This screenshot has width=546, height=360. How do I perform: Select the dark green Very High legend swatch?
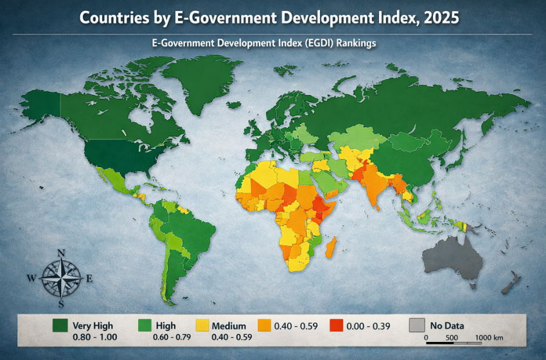pyautogui.click(x=61, y=326)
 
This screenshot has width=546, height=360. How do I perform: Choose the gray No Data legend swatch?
pyautogui.click(x=417, y=326)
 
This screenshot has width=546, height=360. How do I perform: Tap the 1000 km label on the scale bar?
pyautogui.click(x=489, y=337)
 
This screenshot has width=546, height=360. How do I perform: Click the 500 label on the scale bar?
pyautogui.click(x=451, y=337)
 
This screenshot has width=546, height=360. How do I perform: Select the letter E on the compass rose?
pyautogui.click(x=89, y=278)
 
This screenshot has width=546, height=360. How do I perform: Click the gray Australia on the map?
pyautogui.click(x=453, y=260)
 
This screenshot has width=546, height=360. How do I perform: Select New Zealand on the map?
pyautogui.click(x=512, y=283)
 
